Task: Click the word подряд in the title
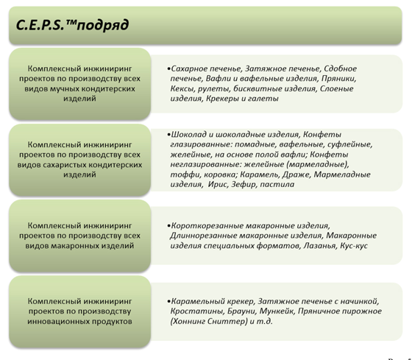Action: (x=103, y=26)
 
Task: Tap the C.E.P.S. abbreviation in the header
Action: (x=40, y=25)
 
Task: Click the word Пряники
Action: (x=339, y=79)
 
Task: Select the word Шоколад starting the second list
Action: (x=188, y=135)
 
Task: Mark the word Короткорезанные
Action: (x=207, y=225)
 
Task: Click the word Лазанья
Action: (x=320, y=246)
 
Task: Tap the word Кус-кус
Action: (x=354, y=246)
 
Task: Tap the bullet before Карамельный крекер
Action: (x=168, y=301)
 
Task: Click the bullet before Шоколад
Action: (x=168, y=135)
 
